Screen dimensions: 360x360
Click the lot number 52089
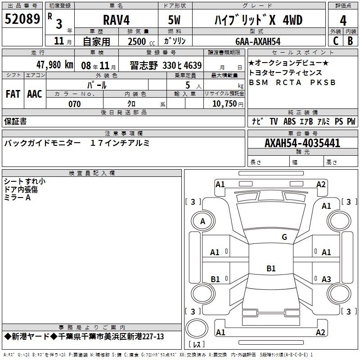tap(22, 18)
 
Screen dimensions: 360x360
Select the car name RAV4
tap(116, 20)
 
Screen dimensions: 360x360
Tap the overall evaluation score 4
tap(343, 21)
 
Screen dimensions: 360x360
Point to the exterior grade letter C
tap(336, 41)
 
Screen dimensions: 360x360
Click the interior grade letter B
tap(350, 41)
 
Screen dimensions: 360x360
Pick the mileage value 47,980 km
tap(55, 65)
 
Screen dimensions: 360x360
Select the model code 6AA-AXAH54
tap(258, 41)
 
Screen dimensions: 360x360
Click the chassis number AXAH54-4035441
tap(302, 143)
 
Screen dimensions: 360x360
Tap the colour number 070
tap(75, 104)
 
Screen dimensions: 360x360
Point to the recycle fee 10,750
tap(224, 103)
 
